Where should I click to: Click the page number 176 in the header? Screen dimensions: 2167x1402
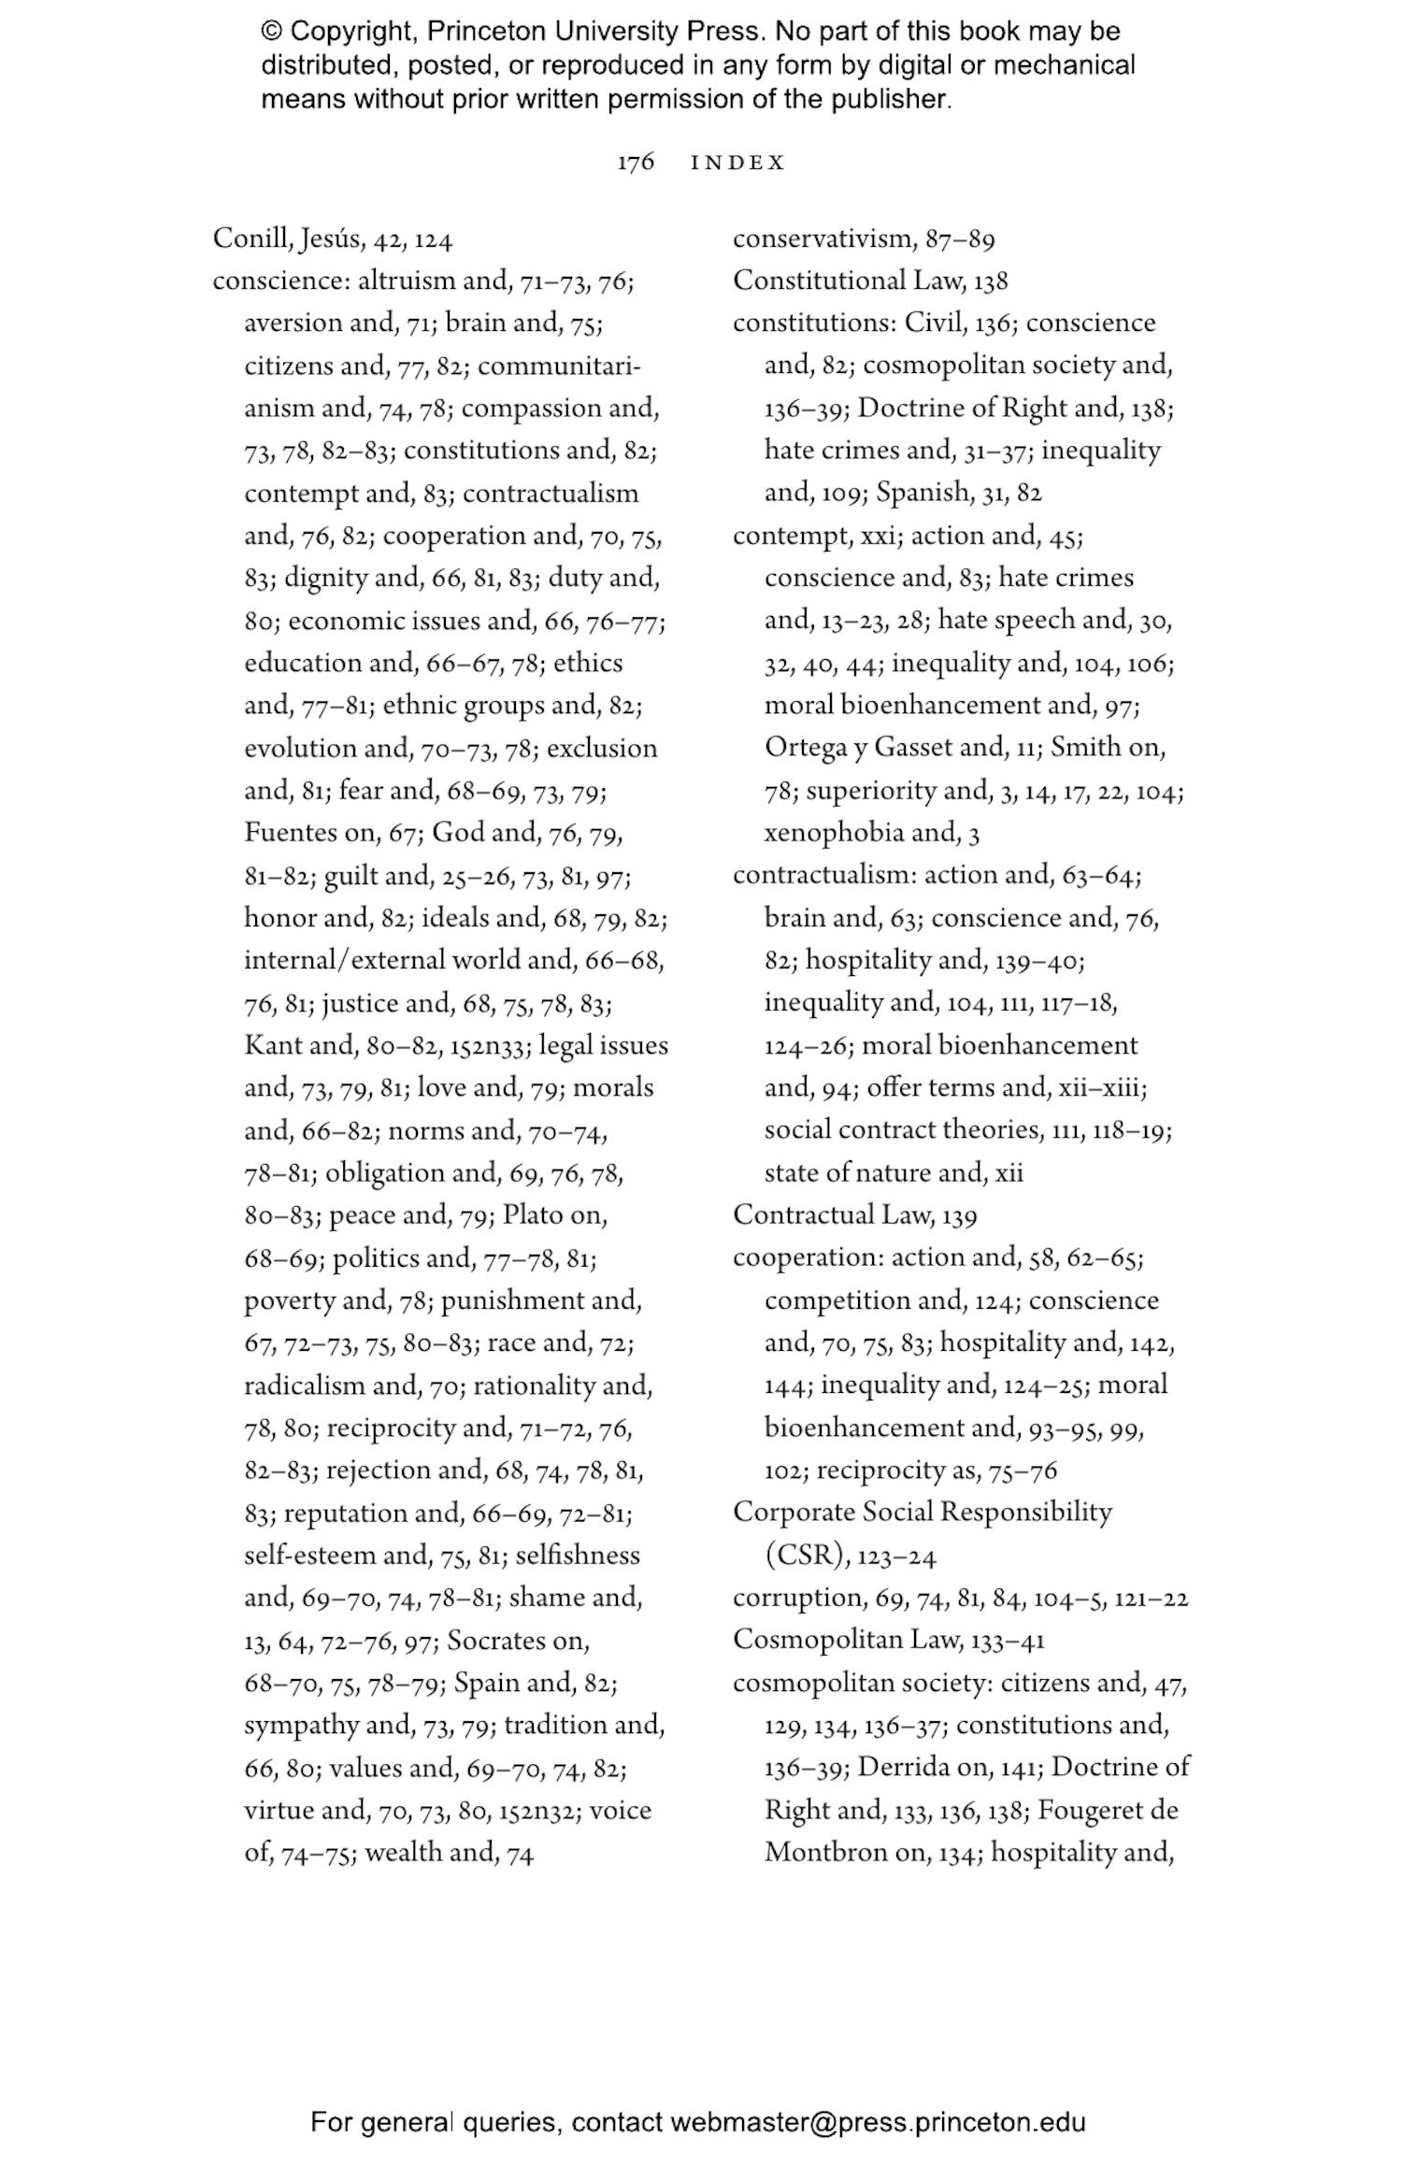[635, 163]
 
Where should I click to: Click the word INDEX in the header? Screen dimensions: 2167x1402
[737, 163]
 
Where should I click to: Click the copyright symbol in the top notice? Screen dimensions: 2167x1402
[271, 32]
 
